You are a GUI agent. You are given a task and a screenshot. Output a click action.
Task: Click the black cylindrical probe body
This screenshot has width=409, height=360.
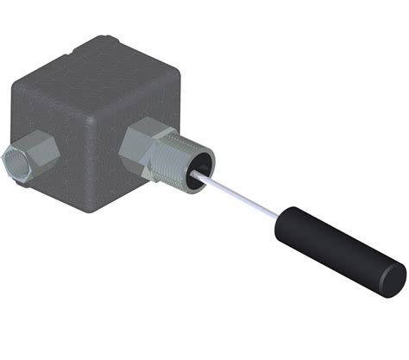coord(337,250)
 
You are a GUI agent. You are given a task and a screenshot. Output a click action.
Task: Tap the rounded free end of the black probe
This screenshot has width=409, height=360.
coord(393,281)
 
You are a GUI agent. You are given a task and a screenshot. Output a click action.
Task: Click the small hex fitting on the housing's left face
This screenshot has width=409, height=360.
coord(30,155)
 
